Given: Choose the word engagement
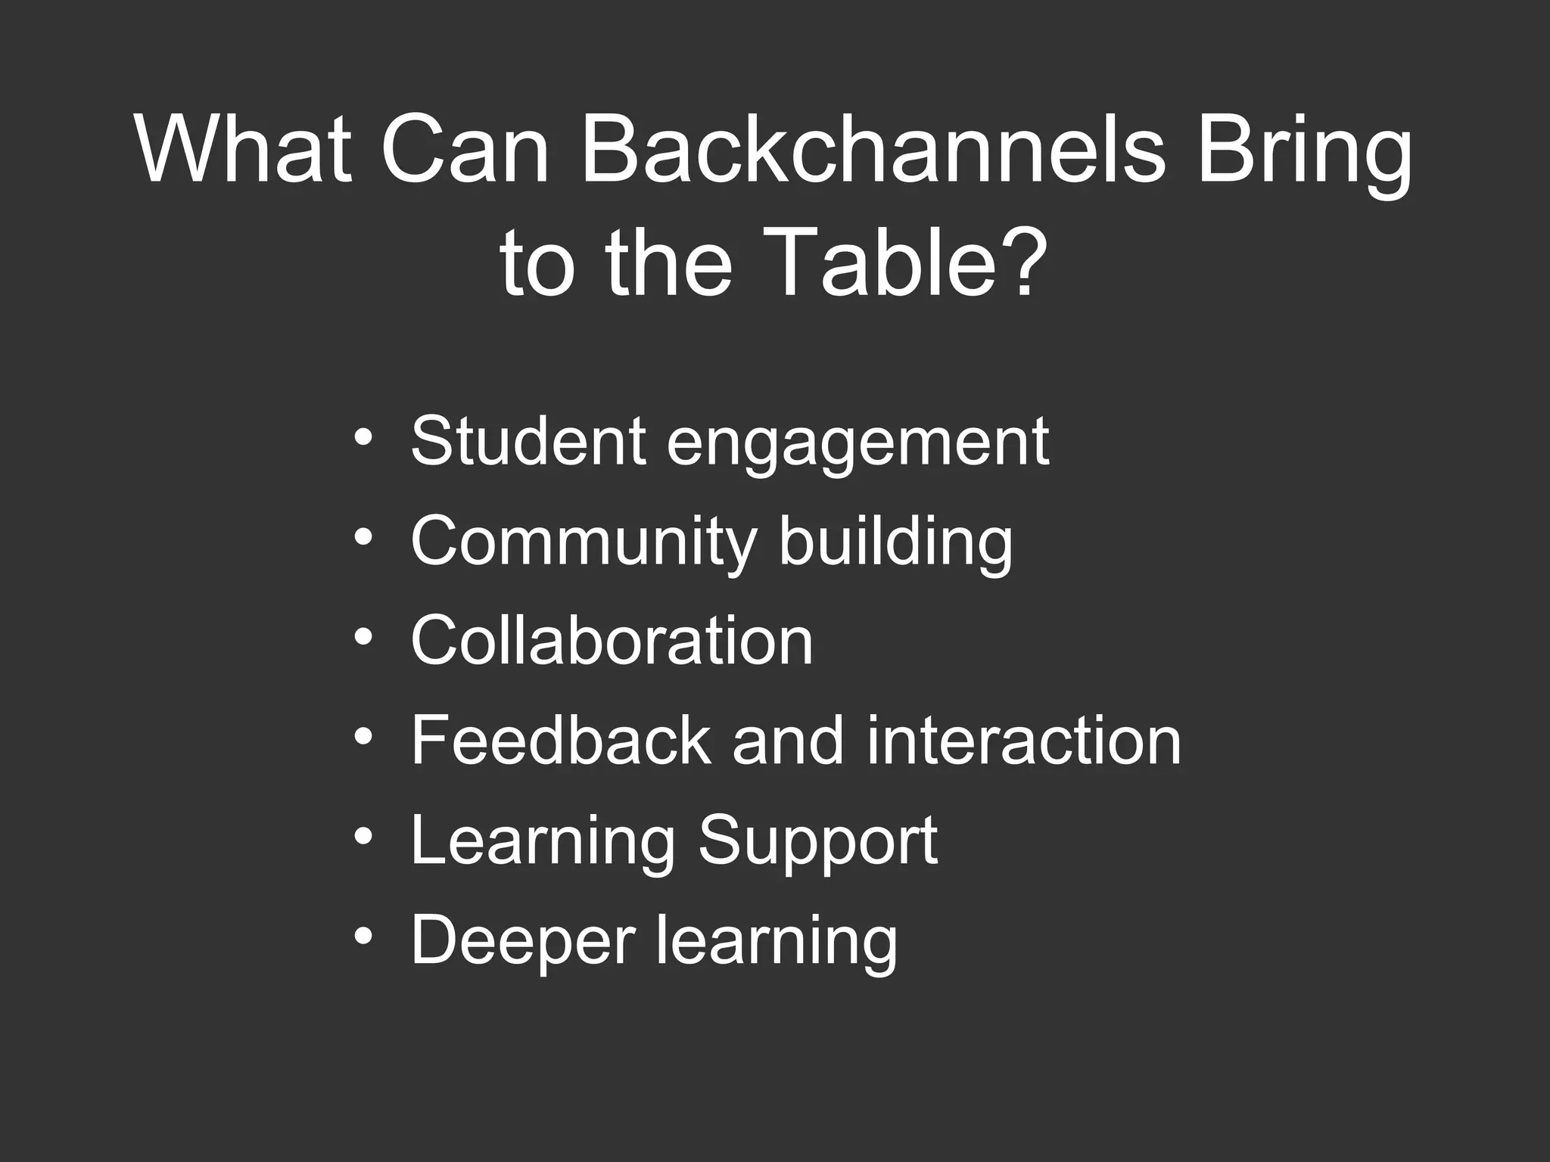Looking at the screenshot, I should [x=857, y=446].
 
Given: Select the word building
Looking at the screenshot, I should [x=895, y=545].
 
